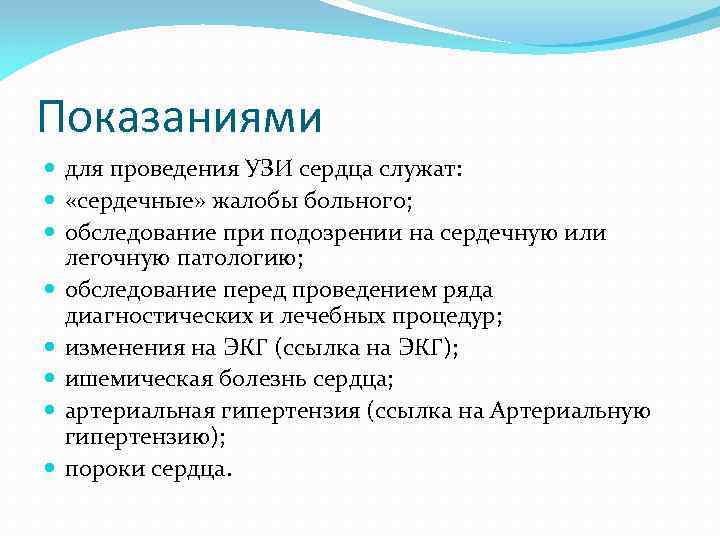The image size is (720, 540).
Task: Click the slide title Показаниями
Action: (x=180, y=118)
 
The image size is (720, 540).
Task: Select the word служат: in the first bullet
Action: (x=425, y=171)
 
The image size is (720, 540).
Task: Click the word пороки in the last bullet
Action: (x=100, y=469)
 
